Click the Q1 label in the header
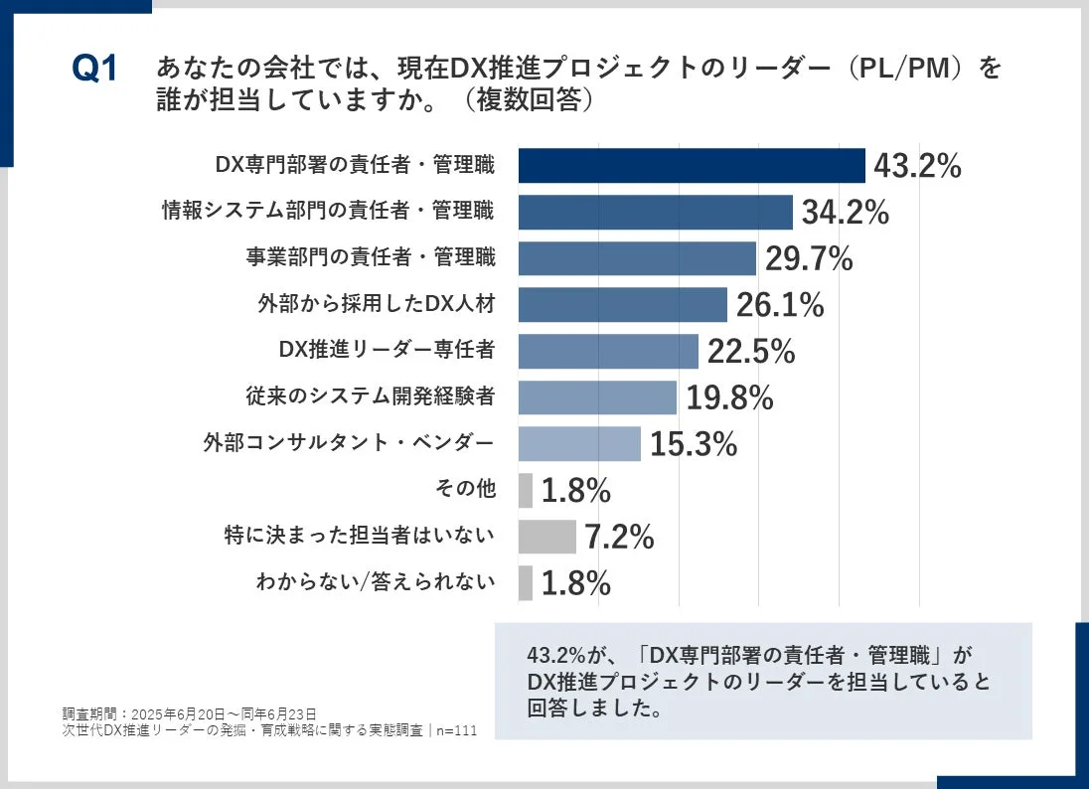pos(94,71)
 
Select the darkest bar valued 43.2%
pos(692,166)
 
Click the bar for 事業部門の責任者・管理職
pos(637,258)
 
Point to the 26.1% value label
pos(780,305)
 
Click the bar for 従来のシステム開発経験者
pos(597,397)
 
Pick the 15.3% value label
pos(694,444)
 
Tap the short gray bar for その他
pos(526,490)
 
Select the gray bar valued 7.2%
pos(547,537)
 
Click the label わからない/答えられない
pos(375,582)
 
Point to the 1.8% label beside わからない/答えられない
pos(575,583)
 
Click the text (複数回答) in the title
pos(522,102)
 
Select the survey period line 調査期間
pos(189,713)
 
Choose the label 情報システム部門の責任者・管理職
pos(328,212)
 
